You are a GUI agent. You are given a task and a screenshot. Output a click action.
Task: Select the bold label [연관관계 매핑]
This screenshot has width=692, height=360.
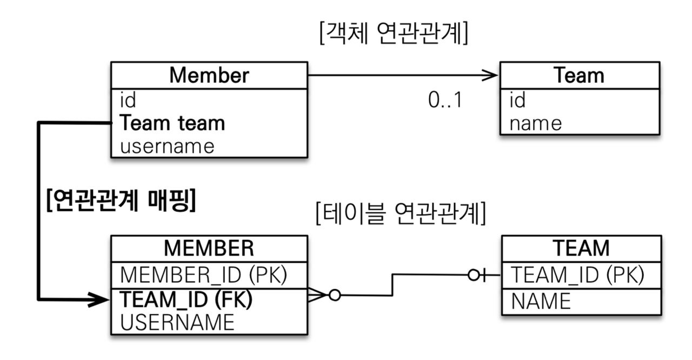click(121, 201)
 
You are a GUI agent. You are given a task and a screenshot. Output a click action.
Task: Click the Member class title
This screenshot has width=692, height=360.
click(209, 75)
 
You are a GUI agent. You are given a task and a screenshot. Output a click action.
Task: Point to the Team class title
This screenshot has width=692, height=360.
click(578, 75)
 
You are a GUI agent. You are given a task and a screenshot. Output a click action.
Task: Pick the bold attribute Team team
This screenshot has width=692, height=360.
click(172, 123)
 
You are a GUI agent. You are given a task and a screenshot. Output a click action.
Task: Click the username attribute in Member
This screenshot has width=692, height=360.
click(167, 146)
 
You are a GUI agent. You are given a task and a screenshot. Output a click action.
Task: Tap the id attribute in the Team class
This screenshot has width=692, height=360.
click(517, 100)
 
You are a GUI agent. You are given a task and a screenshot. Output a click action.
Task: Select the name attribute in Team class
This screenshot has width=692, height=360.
click(535, 123)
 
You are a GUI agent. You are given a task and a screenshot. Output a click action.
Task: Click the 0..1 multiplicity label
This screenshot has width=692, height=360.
click(445, 101)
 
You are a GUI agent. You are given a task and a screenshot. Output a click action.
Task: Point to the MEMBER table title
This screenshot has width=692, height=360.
click(209, 248)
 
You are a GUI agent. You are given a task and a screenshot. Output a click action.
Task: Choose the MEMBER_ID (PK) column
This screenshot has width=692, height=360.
click(203, 275)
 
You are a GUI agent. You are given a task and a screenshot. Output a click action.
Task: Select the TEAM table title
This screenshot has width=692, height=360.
click(581, 248)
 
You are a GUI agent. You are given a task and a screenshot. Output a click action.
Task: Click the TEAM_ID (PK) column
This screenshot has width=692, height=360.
click(577, 275)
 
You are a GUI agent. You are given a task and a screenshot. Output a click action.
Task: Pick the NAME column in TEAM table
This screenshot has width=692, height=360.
click(541, 301)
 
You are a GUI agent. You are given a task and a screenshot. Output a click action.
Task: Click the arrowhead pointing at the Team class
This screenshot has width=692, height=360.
click(491, 75)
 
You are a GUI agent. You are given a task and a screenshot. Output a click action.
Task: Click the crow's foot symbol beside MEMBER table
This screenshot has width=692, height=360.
click(318, 295)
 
